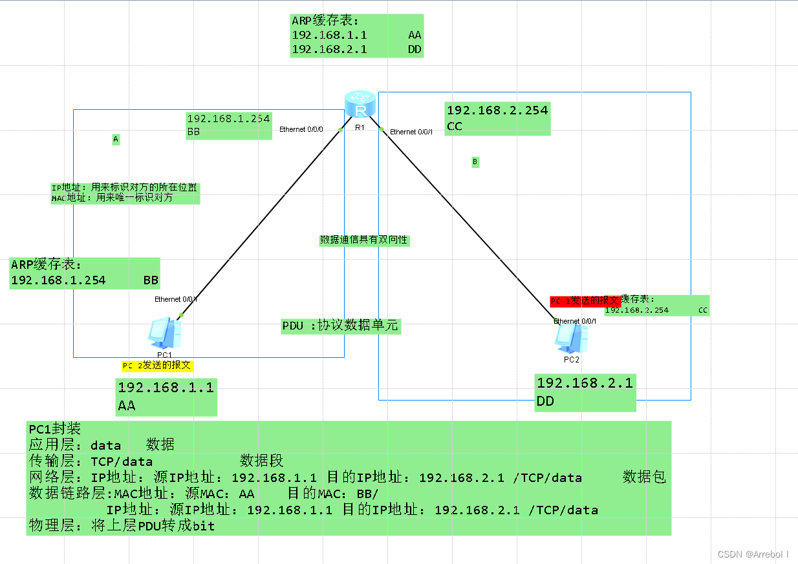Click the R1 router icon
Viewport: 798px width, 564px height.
pos(360,105)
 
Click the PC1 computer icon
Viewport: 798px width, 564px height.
pos(164,333)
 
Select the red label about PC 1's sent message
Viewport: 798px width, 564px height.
pos(585,301)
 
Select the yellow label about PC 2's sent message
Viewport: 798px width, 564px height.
pos(157,365)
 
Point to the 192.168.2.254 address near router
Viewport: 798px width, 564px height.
pos(497,110)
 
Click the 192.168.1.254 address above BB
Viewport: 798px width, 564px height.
pos(228,119)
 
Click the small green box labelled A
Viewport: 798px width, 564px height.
pos(116,139)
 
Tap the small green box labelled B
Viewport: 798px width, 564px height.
pos(475,162)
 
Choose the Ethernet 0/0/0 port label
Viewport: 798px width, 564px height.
pos(301,130)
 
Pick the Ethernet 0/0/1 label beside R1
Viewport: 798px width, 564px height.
pos(411,132)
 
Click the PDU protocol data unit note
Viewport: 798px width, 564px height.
pos(341,326)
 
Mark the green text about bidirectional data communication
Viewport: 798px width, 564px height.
pos(364,240)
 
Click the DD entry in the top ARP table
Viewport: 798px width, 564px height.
pos(415,49)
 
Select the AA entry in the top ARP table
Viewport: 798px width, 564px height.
pos(415,36)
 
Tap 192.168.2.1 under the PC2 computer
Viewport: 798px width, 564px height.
pos(585,382)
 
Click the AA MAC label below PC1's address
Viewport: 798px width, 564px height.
pos(127,406)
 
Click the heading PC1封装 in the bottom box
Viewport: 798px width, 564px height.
pos(54,429)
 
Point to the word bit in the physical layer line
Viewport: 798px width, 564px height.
pos(204,527)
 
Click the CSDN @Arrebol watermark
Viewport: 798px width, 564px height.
pos(753,554)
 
